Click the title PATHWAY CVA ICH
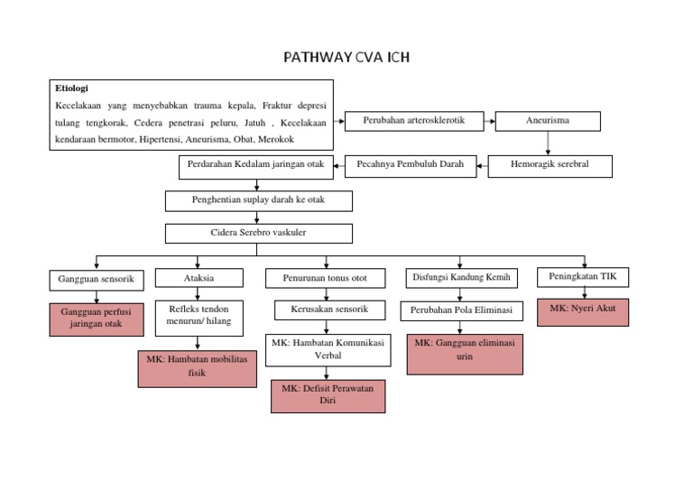[346, 60]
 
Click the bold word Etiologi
[73, 89]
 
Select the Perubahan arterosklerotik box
[413, 120]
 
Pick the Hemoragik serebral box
[550, 165]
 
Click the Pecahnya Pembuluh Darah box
[411, 165]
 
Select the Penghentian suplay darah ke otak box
[258, 200]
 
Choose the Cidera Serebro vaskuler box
[258, 233]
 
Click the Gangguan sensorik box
[96, 280]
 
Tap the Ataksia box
[199, 278]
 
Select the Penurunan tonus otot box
[326, 279]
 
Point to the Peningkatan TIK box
[583, 276]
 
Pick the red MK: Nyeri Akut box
[582, 311]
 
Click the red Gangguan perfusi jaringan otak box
[96, 319]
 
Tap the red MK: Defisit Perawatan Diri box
[328, 395]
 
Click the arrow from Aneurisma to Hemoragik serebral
[548, 143]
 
